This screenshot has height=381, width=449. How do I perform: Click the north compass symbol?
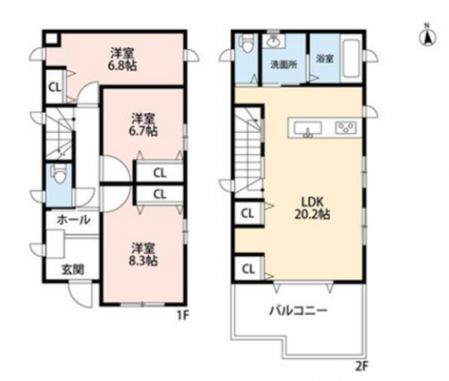(x=428, y=36)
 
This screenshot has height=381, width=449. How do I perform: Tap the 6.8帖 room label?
(x=122, y=59)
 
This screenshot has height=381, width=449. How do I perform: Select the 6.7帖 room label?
(x=144, y=124)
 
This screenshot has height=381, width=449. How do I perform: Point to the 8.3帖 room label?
(x=144, y=255)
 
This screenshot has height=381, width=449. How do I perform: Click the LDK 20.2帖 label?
(x=313, y=208)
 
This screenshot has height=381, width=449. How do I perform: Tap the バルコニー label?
(x=299, y=311)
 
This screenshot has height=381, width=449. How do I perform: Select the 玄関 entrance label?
(x=73, y=269)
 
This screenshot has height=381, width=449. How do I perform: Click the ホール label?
(x=74, y=220)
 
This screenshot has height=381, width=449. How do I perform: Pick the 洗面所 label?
(x=284, y=65)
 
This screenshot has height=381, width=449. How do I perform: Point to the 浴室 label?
(x=324, y=58)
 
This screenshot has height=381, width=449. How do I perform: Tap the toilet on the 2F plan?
(x=246, y=44)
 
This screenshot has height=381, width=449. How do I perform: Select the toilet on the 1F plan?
(x=58, y=174)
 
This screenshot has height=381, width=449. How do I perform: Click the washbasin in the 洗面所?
(x=274, y=42)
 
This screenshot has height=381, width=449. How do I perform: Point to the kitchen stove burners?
(x=346, y=127)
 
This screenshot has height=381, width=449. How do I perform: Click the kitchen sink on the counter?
(x=308, y=128)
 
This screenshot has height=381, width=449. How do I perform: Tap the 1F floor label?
(x=182, y=316)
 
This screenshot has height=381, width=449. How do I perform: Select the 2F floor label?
(x=362, y=367)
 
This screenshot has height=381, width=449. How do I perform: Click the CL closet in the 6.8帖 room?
(x=55, y=87)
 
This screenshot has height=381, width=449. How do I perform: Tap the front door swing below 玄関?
(x=80, y=295)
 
